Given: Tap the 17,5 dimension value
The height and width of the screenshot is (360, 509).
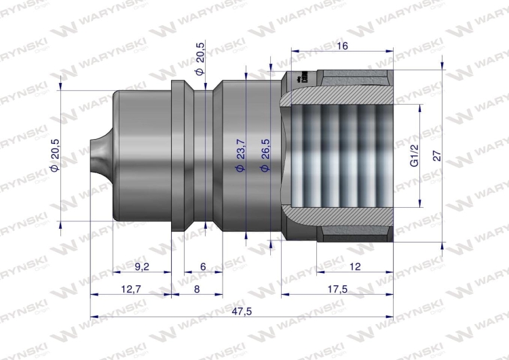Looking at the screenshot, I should [337, 288].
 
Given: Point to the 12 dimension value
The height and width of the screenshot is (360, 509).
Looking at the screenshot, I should [354, 266].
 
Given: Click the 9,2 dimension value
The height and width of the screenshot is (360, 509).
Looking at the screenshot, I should [142, 266].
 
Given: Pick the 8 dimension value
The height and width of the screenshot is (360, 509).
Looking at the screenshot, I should [196, 288].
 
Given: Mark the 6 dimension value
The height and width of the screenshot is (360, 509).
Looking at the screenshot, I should [204, 266].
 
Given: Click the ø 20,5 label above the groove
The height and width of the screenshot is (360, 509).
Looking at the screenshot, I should [200, 61].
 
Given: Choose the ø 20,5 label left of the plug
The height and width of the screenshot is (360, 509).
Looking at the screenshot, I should [56, 156].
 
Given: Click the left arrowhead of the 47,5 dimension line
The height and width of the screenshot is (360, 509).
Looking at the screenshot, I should [93, 316].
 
